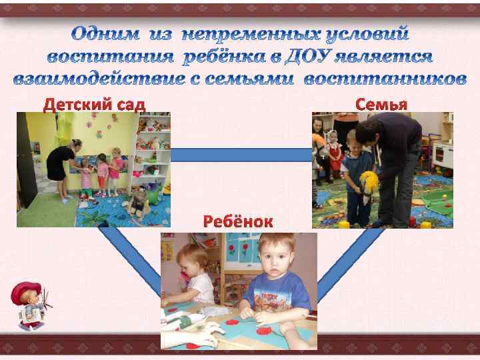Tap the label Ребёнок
[238, 222]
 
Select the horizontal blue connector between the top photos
[241, 155]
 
